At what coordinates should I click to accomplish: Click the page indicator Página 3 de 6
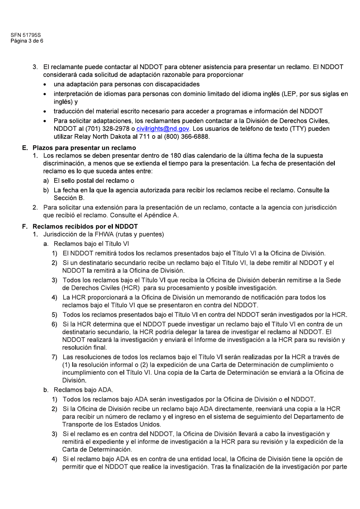[27, 41]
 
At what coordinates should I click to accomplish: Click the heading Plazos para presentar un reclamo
[84, 148]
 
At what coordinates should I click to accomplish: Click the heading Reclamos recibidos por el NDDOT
[85, 227]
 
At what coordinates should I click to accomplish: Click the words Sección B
[69, 198]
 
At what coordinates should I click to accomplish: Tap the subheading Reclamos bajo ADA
[83, 390]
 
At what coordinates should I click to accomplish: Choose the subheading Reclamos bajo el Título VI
[91, 244]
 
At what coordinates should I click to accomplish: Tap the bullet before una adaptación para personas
[45, 85]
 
